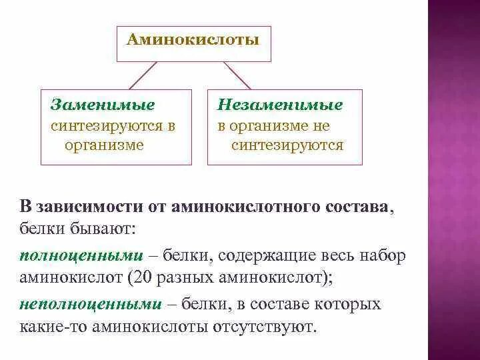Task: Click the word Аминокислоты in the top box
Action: click(193, 41)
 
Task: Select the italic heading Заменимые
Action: click(103, 105)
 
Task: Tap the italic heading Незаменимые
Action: click(280, 105)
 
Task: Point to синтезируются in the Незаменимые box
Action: click(287, 145)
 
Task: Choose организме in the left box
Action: click(104, 145)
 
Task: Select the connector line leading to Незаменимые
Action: click(237, 76)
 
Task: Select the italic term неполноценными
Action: click(91, 305)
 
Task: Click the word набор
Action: click(382, 256)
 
